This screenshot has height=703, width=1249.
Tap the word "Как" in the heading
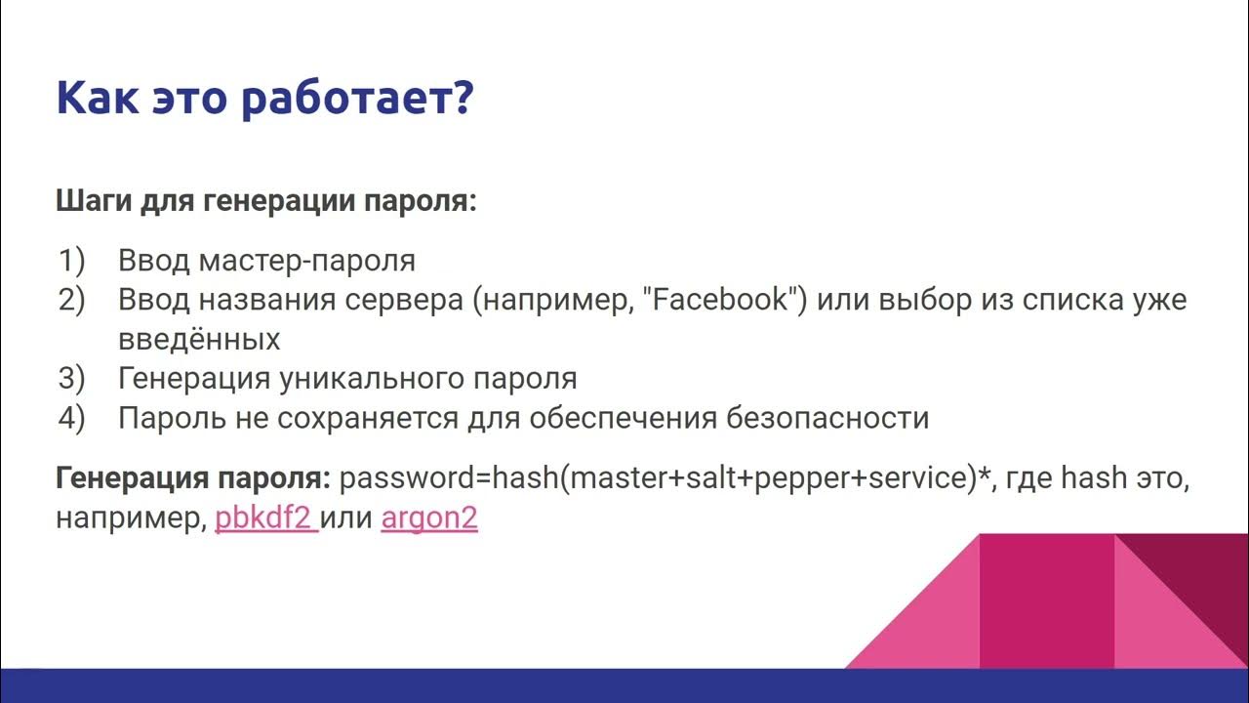pos(97,99)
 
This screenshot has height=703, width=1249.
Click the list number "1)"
pos(72,261)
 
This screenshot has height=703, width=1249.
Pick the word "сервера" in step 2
pos(404,300)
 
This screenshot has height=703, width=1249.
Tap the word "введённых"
pos(199,339)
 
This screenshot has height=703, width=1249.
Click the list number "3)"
pos(72,378)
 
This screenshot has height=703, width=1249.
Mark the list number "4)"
pos(72,418)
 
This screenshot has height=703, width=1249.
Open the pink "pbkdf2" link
pos(263,517)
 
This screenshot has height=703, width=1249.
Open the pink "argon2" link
pos(429,517)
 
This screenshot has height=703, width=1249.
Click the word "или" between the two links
pos(347,517)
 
